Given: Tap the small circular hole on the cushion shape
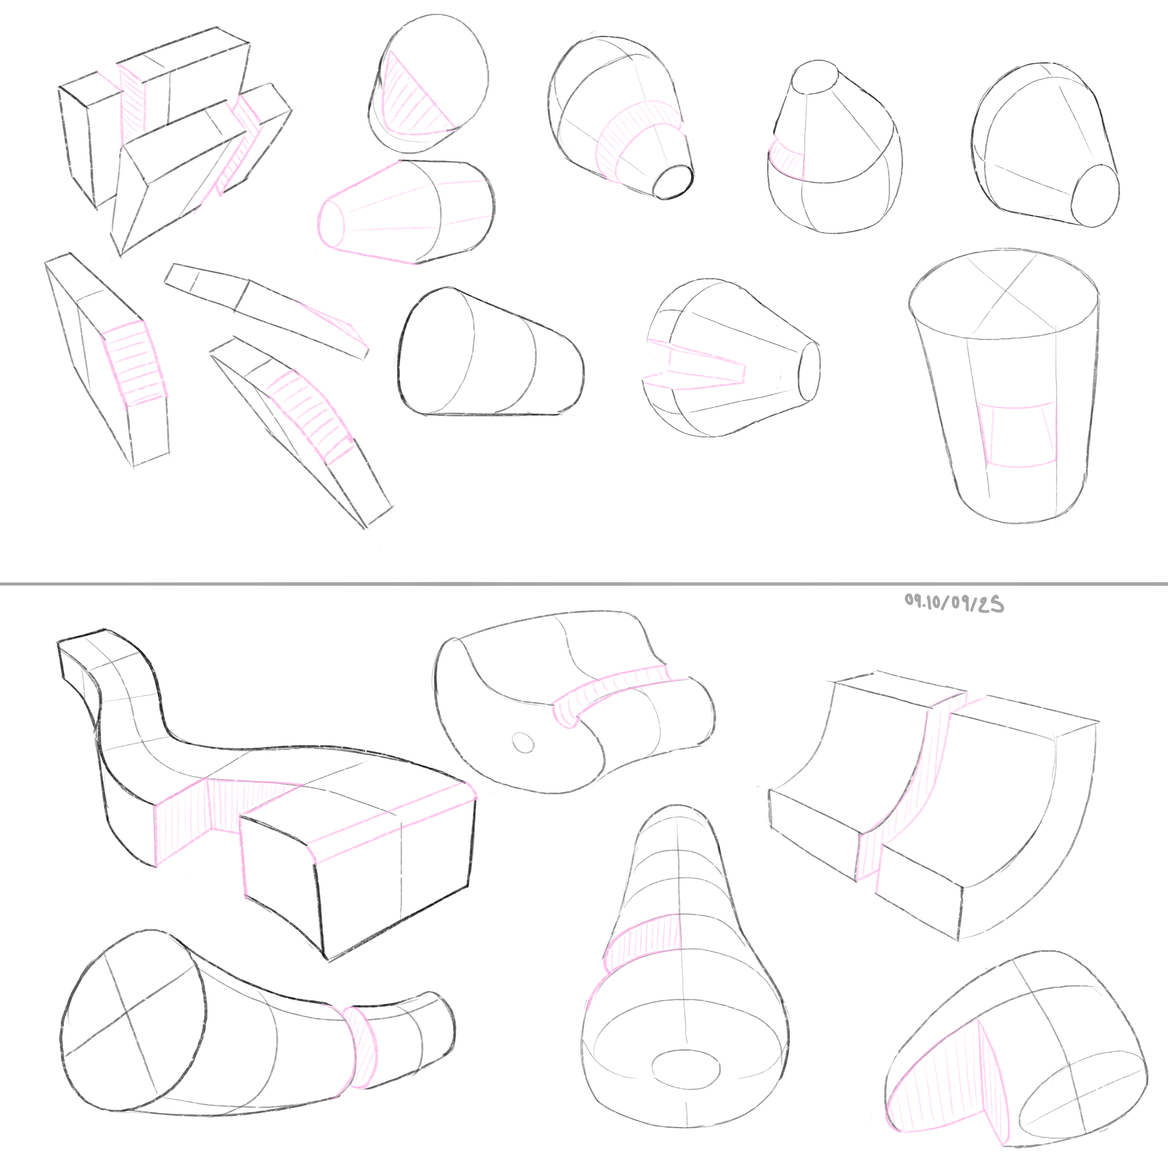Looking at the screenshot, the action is tap(523, 742).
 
